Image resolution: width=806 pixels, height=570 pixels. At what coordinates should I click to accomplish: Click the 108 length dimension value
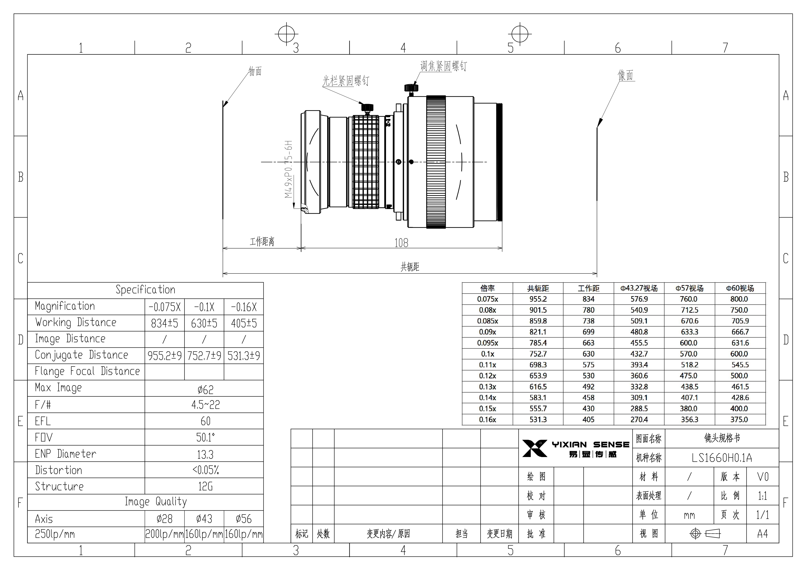(401, 243)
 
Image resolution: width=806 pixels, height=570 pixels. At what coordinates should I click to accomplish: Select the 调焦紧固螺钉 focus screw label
(443, 66)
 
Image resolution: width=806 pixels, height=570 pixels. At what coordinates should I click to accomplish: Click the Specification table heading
(145, 290)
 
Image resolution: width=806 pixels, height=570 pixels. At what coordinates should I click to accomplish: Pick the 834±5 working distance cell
(165, 323)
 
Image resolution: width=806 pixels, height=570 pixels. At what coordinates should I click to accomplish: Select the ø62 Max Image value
(205, 389)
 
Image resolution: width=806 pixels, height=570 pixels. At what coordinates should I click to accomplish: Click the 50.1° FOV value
(205, 438)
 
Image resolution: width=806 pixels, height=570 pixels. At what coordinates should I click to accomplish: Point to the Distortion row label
(59, 470)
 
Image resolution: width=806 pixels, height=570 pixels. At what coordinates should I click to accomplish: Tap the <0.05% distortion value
(205, 470)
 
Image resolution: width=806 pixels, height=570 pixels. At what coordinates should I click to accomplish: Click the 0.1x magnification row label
(487, 354)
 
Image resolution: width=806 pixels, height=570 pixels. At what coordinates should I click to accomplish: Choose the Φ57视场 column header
(690, 288)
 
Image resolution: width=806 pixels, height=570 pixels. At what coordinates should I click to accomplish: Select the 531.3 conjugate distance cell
(538, 420)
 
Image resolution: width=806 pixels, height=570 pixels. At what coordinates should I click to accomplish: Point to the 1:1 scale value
(762, 496)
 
